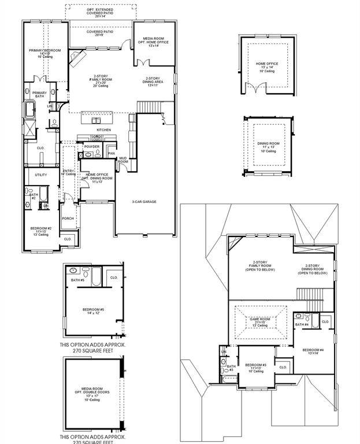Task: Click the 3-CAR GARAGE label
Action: pyautogui.click(x=144, y=202)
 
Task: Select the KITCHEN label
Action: pyautogui.click(x=103, y=129)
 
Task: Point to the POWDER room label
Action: pyautogui.click(x=92, y=147)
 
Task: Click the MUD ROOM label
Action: pyautogui.click(x=123, y=160)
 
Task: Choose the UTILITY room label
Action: pyautogui.click(x=40, y=174)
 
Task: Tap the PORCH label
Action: pyautogui.click(x=68, y=219)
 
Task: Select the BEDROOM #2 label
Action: pyautogui.click(x=41, y=231)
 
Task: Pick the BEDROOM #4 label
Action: pyautogui.click(x=312, y=351)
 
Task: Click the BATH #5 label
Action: pyautogui.click(x=77, y=280)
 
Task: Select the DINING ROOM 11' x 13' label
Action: pyautogui.click(x=268, y=145)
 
